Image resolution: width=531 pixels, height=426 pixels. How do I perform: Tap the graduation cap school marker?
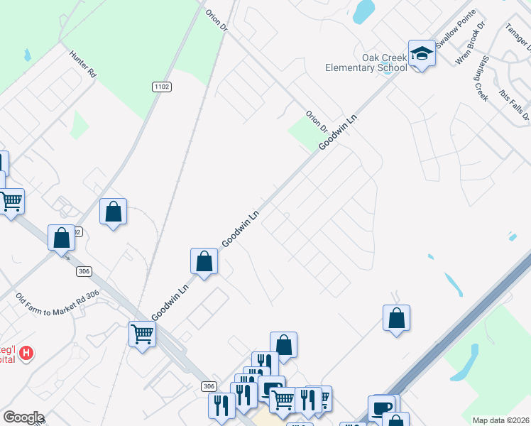pos(422,54)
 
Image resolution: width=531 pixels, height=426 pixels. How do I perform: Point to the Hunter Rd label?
pos(82,62)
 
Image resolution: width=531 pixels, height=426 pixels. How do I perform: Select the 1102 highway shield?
pos(161,87)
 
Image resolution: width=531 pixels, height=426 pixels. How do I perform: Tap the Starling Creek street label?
pos(481,77)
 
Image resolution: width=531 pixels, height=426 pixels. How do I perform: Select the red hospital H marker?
pos(26,352)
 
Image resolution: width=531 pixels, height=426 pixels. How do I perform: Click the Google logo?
pos(23,417)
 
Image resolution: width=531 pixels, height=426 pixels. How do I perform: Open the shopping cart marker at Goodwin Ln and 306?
pos(142,332)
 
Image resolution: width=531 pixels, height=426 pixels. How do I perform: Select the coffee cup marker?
pos(381,408)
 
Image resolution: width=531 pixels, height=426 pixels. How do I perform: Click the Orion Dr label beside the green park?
pos(316,121)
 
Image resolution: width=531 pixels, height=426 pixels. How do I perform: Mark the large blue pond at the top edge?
pos(363,10)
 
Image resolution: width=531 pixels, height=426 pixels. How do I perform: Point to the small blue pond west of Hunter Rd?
pos(27,54)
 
